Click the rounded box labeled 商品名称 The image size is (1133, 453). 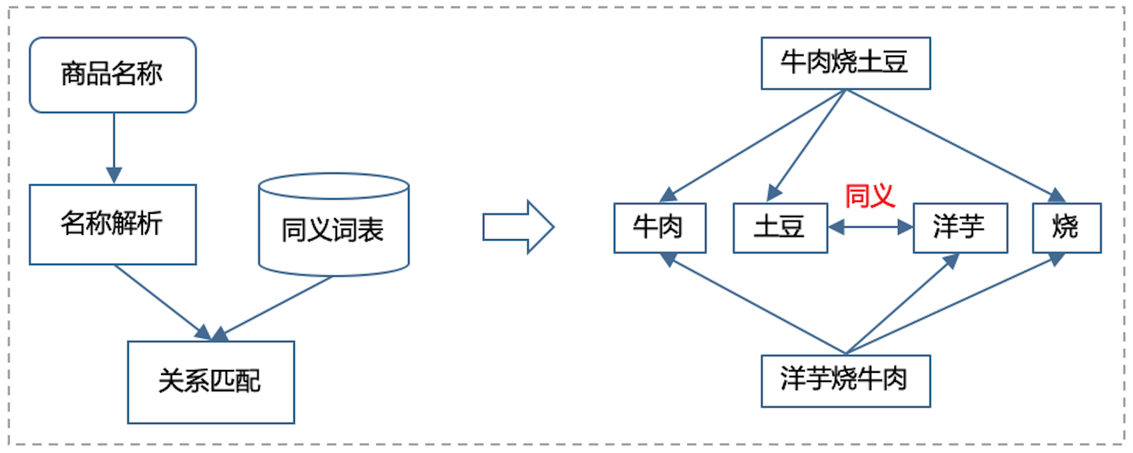[113, 75]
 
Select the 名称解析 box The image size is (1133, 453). [113, 224]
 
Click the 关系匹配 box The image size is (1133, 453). [210, 382]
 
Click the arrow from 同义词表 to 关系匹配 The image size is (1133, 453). [274, 305]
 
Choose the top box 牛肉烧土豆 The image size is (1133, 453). [845, 63]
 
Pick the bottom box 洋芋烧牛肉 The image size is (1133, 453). [845, 381]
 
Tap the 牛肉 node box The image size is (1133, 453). [659, 227]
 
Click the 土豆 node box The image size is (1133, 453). [780, 227]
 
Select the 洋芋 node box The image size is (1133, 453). [960, 227]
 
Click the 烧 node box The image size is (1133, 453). [1066, 227]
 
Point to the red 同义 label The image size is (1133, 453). [870, 196]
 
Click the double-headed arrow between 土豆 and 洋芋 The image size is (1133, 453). [870, 226]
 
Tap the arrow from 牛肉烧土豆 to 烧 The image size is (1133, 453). [954, 145]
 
